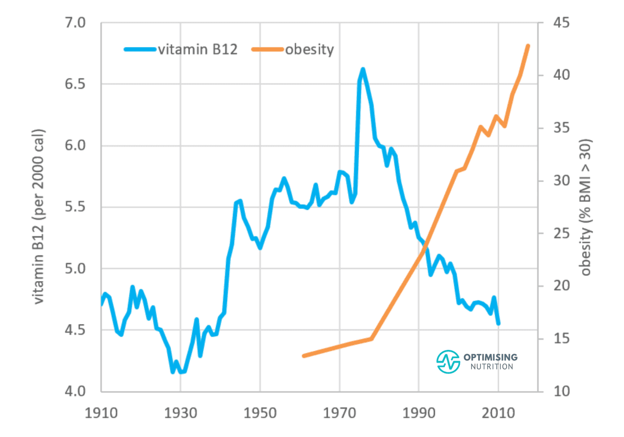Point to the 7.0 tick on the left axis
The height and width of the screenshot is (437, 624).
pyautogui.click(x=75, y=23)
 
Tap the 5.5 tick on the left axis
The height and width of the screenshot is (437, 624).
pyautogui.click(x=75, y=207)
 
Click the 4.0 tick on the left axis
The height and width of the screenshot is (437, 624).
pyautogui.click(x=75, y=391)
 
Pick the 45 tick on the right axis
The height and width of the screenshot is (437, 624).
pyautogui.click(x=561, y=23)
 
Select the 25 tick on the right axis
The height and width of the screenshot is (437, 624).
pyautogui.click(x=561, y=233)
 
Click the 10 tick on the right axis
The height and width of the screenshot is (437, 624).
pyautogui.click(x=561, y=391)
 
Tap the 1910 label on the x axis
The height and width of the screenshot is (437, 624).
pyautogui.click(x=101, y=413)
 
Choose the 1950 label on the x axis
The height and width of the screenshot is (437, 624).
pyautogui.click(x=260, y=413)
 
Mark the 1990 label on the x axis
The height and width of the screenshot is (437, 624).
pyautogui.click(x=419, y=413)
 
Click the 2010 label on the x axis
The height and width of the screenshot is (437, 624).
pyautogui.click(x=498, y=413)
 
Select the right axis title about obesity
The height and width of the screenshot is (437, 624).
pyautogui.click(x=586, y=207)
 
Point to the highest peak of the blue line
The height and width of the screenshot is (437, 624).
pyautogui.click(x=363, y=69)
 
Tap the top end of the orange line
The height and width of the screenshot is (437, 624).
pyautogui.click(x=528, y=46)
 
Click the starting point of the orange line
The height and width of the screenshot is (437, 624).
pyautogui.click(x=304, y=356)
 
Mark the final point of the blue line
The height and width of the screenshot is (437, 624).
pyautogui.click(x=498, y=324)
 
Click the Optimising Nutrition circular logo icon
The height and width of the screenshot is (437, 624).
pyautogui.click(x=448, y=361)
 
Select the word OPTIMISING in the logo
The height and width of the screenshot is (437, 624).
pyautogui.click(x=491, y=357)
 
